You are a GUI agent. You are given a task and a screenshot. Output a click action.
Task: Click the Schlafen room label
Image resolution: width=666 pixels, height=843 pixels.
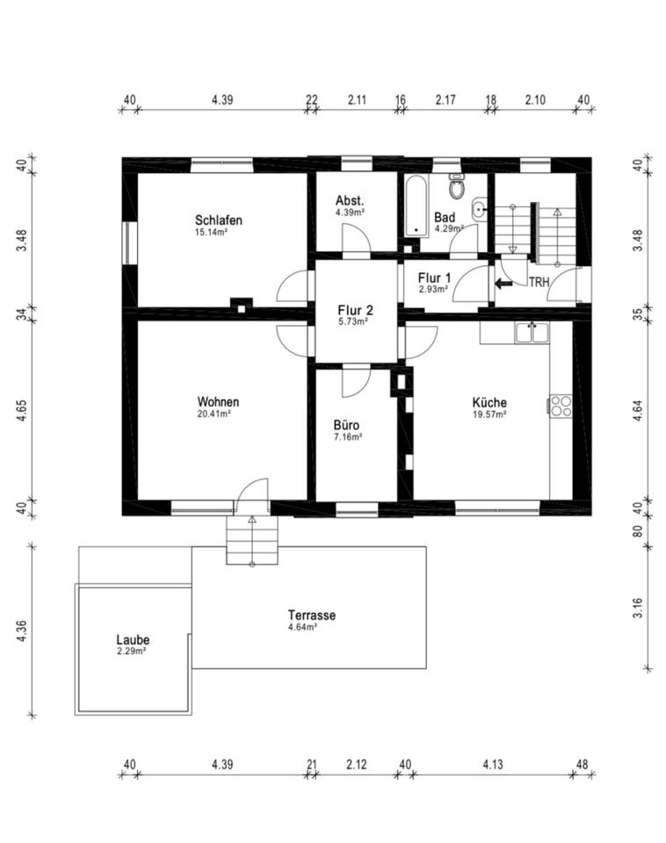coord(219,220)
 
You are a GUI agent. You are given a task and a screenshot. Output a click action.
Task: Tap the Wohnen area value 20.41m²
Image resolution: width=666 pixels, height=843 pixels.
coord(214,414)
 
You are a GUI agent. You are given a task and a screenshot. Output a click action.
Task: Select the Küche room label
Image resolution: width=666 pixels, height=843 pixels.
coord(489,402)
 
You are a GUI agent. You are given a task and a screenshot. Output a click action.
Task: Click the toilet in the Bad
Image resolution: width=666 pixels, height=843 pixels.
coord(457,186)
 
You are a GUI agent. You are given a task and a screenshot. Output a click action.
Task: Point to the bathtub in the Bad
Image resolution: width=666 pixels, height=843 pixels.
coord(416,205)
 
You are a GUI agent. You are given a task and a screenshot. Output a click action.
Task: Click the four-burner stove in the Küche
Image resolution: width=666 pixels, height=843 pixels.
coord(561,406)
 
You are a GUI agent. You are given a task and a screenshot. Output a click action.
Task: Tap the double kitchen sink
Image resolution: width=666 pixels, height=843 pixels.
coord(532,333)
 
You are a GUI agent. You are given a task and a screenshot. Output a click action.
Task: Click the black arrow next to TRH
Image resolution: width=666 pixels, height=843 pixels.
coord(503,283)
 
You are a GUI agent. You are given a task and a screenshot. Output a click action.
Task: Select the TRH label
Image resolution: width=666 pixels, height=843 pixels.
coord(539,282)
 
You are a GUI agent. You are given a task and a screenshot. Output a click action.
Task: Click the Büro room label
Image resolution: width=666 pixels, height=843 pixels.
coord(346,425)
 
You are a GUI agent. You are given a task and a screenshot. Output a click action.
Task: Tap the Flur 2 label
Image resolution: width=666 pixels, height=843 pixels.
coord(355,310)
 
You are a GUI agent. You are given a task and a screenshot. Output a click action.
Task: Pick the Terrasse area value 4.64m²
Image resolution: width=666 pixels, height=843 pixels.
coord(302,627)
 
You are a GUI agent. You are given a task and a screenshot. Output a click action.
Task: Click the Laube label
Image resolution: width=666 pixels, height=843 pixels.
coord(133,640)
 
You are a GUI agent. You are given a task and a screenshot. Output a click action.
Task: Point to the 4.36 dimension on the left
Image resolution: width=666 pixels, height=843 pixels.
coord(21,630)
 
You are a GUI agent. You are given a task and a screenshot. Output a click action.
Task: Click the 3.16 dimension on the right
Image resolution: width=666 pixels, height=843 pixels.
coord(638,608)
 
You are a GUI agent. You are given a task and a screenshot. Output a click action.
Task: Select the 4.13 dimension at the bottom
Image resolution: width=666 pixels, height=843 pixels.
coord(493,764)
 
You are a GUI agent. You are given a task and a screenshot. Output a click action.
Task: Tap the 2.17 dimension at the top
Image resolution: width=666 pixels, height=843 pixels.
coord(445,99)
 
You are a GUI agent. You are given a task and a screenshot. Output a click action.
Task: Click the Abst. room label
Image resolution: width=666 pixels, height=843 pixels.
coord(350,200)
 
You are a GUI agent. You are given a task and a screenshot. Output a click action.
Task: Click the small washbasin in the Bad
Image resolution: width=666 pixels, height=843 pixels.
coord(479,209)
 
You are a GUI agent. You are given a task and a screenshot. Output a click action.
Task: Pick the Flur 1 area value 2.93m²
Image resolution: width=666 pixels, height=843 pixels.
coord(433,289)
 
